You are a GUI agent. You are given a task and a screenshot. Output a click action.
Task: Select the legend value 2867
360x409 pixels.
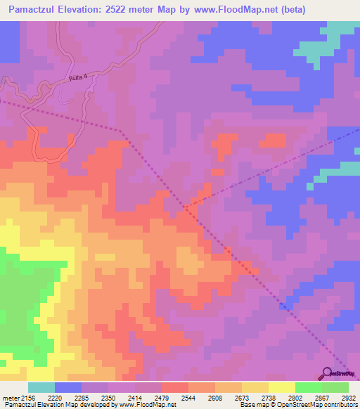(309, 397)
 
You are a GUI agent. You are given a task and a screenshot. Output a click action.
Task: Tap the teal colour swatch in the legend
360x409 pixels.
(41, 387)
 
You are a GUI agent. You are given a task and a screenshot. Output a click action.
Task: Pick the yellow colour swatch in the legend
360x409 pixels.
(281, 387)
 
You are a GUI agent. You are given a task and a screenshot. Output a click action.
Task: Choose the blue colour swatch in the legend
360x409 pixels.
(67, 387)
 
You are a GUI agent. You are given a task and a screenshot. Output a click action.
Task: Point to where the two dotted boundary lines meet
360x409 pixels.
(187, 207)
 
